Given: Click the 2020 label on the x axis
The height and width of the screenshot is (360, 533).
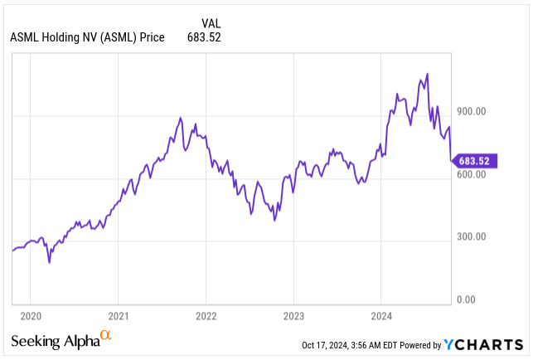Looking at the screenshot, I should tap(30, 315).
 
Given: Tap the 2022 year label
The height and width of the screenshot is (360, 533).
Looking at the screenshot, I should tap(206, 315).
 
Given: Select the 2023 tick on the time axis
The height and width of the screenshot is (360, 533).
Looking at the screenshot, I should tap(293, 315).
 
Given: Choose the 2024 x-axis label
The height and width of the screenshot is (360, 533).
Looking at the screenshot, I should tap(380, 315).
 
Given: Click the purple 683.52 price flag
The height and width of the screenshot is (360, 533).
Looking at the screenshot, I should tap(476, 160).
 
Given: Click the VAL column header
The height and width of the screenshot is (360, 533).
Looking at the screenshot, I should tap(211, 23).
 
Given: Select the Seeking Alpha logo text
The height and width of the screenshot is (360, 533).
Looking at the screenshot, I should tap(55, 342).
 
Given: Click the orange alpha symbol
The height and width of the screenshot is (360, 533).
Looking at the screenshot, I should tap(105, 336).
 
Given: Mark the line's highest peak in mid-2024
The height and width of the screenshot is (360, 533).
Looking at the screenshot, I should tap(427, 74).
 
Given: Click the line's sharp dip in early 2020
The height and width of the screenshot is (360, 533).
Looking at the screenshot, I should tap(49, 263).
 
